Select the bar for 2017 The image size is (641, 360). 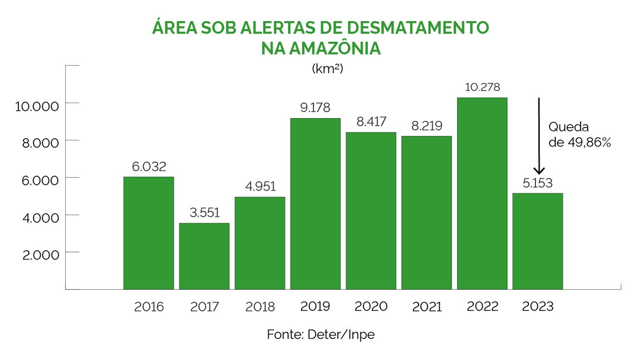point(204,256)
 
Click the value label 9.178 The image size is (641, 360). point(315,108)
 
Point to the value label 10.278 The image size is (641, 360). point(483,87)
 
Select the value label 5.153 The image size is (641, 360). point(538,183)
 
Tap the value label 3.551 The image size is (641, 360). point(204,212)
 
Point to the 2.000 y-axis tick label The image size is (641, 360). point(38,254)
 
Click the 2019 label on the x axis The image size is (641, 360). point(315,307)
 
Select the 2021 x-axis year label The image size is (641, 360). point(427,307)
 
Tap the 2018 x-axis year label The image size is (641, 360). point(260,307)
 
